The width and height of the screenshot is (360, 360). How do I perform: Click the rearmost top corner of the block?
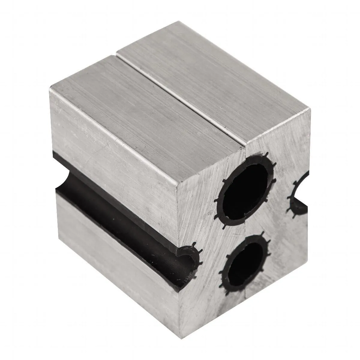[x=179, y=22]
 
